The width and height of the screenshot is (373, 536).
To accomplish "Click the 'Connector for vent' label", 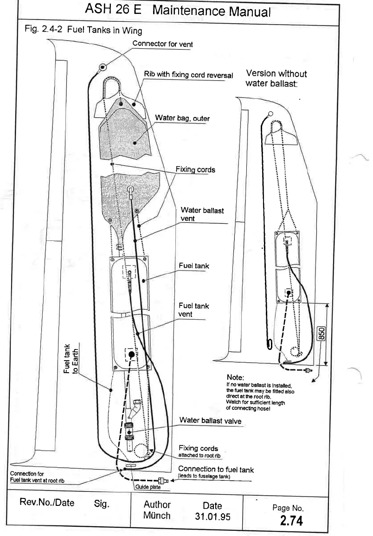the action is pos(162,44).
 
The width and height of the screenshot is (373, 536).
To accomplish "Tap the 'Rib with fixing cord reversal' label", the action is pos(188,74).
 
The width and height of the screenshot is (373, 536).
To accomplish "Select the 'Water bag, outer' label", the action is pos(182,118).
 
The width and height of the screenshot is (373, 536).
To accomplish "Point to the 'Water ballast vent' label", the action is pos(202,214).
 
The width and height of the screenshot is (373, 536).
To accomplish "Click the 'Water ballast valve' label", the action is pos(212,420).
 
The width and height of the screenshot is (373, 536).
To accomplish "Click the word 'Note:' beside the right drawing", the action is pos(235,376).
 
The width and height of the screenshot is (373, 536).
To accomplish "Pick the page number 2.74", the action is pos(291,521).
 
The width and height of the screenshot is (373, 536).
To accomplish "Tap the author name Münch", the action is pos(157,516).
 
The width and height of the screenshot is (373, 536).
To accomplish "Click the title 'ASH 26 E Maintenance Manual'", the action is pos(178,10).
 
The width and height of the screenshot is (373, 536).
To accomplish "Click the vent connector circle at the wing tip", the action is pos(101,68).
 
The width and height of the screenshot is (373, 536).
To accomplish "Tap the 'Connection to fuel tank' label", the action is pos(216,470).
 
